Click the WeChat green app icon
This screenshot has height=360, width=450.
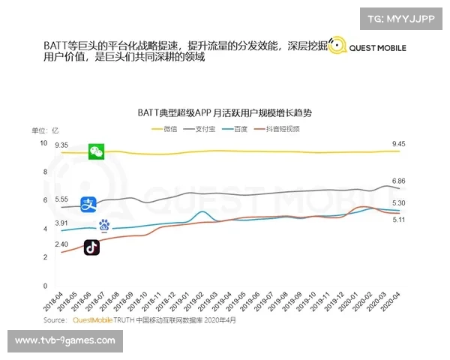point(96,151)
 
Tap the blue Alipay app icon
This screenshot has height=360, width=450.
point(88,202)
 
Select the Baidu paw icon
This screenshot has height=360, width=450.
point(104,224)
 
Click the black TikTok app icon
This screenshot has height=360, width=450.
point(91,247)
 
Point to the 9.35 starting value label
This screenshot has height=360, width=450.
point(61,145)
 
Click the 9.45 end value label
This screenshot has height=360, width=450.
point(398,144)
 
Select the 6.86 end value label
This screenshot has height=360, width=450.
point(398,181)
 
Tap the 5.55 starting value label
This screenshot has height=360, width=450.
point(61,199)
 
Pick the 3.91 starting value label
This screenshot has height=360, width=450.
point(61,223)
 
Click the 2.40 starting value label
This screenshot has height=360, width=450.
point(61,244)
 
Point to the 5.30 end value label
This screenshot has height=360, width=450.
point(398,203)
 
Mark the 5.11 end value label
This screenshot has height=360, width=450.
point(398,220)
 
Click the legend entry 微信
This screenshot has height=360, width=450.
point(170,129)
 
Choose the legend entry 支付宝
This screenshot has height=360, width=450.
point(208,129)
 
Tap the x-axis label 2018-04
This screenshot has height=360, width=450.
point(52,301)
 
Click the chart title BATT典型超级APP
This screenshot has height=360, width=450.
point(223,112)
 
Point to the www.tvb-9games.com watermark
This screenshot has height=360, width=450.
point(65,340)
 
